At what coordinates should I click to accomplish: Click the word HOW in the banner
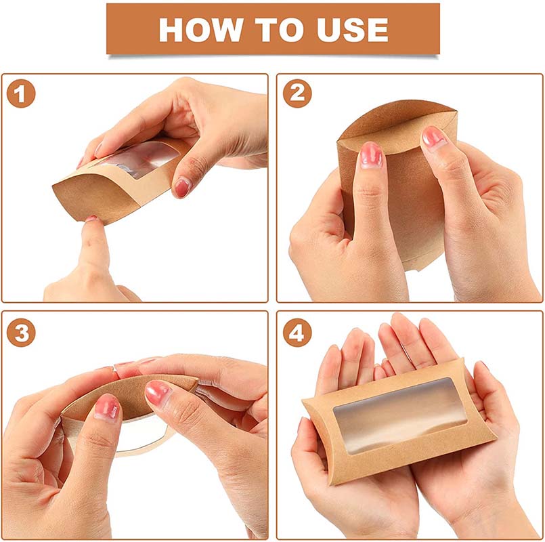pos(200,30)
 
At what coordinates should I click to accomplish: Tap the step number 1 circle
pos(21,93)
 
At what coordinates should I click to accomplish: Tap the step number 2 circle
pos(297,93)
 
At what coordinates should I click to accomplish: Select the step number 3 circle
pos(21,332)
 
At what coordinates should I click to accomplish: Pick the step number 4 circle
pos(297,332)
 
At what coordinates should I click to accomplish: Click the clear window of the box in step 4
pos(399,416)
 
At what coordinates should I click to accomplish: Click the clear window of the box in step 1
pos(139,159)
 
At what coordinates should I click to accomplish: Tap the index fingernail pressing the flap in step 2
pos(371,154)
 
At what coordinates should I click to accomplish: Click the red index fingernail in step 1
pos(182,188)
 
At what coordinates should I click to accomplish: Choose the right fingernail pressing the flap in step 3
pos(157,392)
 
